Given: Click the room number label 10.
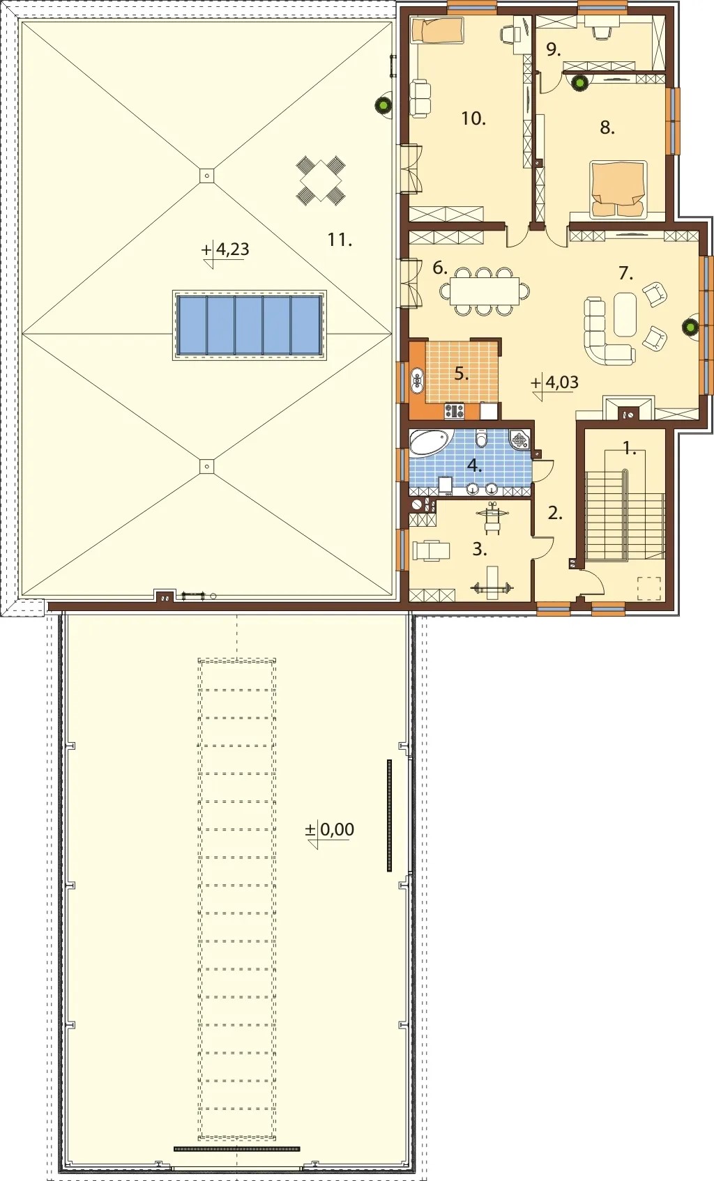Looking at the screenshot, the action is pos(473,118).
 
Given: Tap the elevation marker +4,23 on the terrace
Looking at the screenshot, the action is pos(225,251).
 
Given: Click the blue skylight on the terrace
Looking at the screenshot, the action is pos(249,325).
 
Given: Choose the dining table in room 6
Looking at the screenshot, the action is pos(484,291).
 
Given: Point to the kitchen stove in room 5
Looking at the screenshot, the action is pos(454,410).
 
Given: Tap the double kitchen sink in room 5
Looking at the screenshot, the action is pos(418,381).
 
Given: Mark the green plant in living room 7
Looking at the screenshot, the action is pos(689,327).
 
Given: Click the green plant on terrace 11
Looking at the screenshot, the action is pos(382,105).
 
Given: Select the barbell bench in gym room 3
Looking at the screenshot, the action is pos(492,583).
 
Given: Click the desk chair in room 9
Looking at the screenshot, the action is pos(601,31).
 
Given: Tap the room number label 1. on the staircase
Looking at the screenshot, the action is pos(628,449).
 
